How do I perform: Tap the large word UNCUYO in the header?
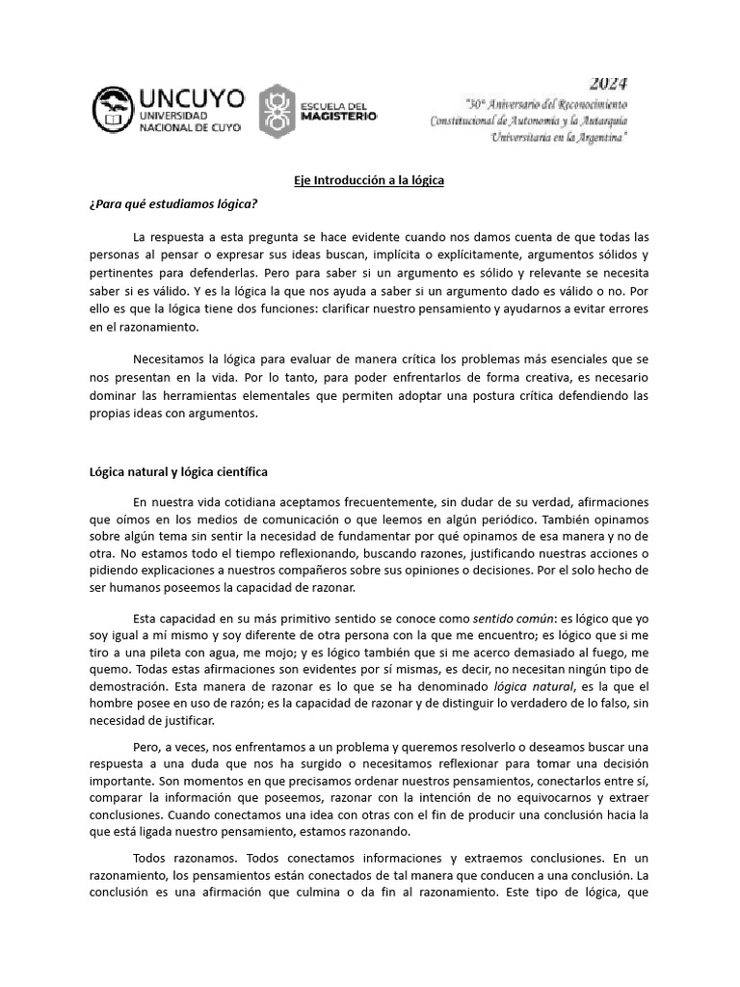click(x=192, y=98)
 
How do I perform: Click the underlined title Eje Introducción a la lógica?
click(x=369, y=181)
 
